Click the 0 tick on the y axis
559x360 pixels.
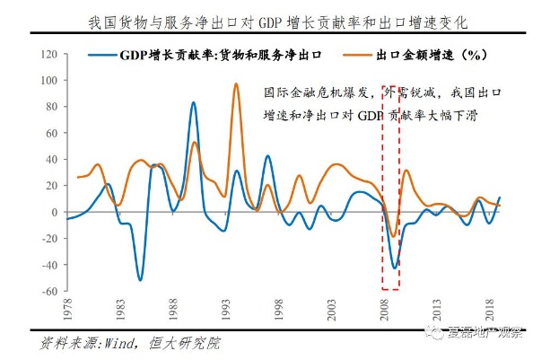tap(52, 213)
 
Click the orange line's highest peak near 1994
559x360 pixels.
tap(236, 84)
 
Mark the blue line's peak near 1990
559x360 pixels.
tap(193, 102)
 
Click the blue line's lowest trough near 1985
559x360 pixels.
tap(140, 279)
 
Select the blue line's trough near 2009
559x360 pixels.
tap(395, 268)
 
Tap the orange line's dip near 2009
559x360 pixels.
tap(393, 236)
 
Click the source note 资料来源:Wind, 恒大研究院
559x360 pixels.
tap(125, 343)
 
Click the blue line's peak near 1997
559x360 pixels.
tap(267, 156)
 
